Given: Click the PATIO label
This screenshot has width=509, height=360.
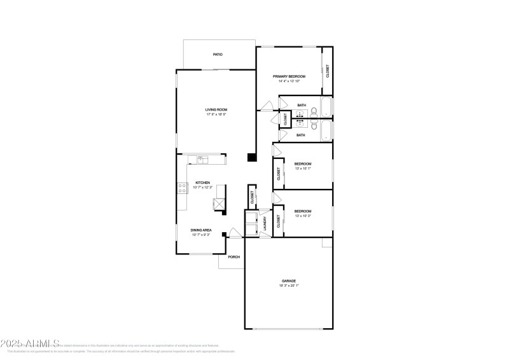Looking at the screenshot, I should tap(218, 55).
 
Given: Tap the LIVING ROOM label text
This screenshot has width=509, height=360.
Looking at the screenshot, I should tap(216, 109).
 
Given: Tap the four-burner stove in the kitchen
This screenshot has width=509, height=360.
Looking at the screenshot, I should tap(182, 188).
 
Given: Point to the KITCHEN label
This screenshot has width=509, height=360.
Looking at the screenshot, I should tap(203, 183).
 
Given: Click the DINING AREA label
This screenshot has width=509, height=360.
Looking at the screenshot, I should tap(201, 230).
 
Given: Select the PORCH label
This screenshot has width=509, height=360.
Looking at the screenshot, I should tap(234, 258).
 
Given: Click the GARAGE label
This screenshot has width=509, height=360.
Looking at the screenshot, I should tap(289, 280).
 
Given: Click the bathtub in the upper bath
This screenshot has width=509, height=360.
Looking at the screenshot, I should tap(326, 107).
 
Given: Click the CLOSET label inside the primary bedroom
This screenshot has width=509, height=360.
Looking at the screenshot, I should tap(328, 71).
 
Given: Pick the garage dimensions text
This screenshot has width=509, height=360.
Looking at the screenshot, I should tap(289, 286).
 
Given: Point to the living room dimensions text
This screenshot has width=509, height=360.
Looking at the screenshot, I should tap(216, 114).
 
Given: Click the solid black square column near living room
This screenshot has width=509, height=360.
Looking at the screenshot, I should tap(252, 157).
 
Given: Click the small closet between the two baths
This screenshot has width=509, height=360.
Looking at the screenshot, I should tap(285, 118).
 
